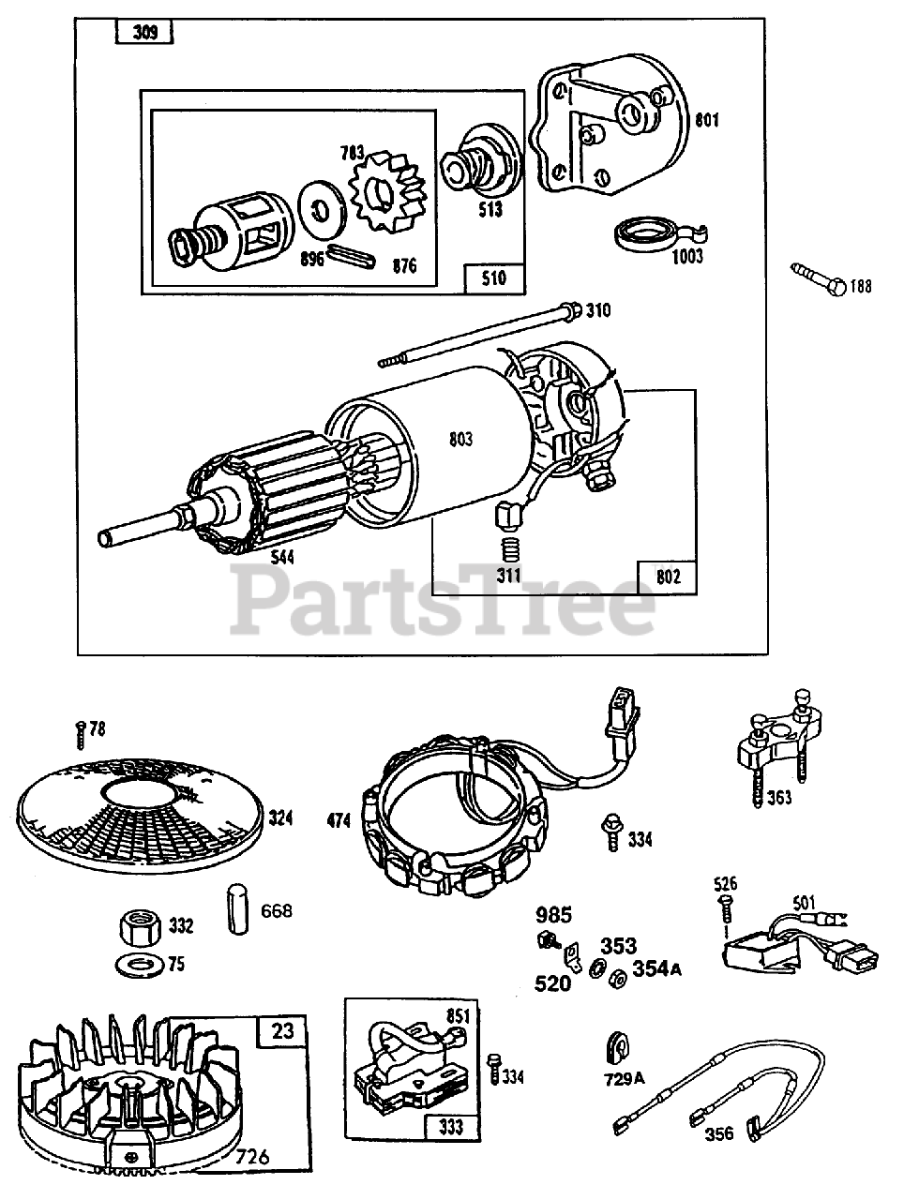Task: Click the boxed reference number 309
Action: coord(144,35)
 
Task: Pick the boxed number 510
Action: coord(493,277)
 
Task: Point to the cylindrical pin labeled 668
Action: coord(236,907)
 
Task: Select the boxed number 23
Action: coord(282,1032)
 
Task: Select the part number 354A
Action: coord(656,968)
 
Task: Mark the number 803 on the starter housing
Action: coord(460,439)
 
